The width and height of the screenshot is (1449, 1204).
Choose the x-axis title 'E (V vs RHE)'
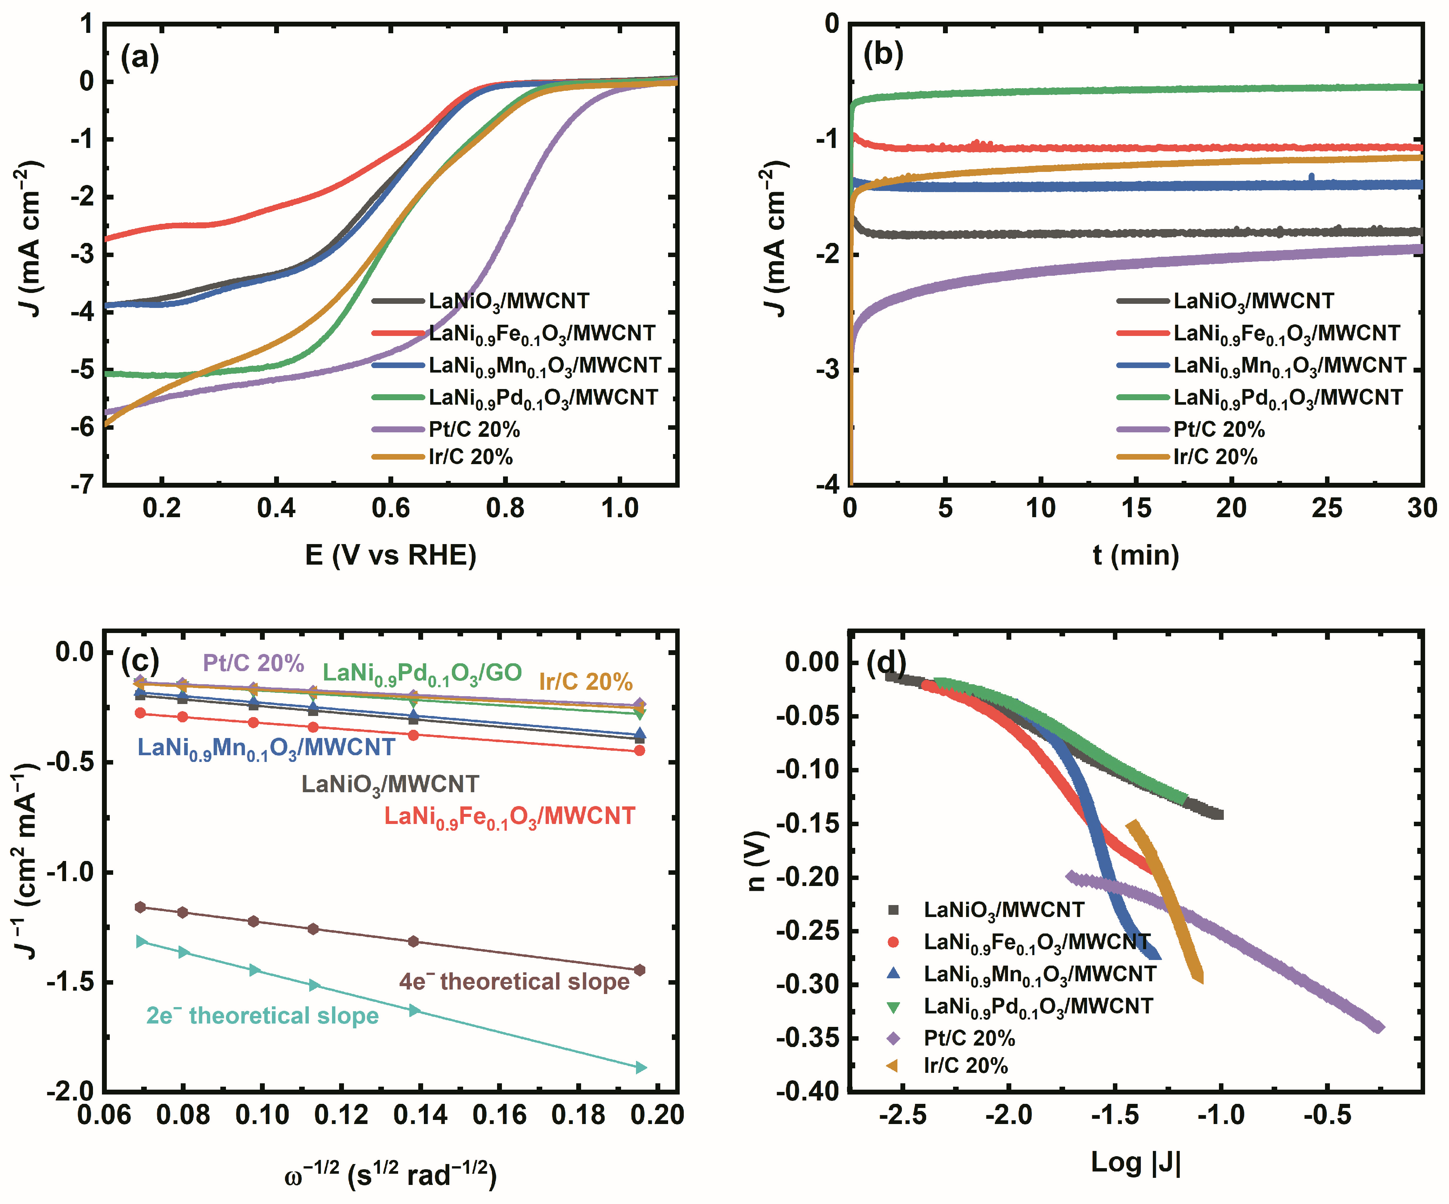(x=391, y=555)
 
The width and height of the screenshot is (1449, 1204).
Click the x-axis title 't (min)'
(x=1136, y=555)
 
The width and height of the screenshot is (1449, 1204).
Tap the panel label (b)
(x=883, y=55)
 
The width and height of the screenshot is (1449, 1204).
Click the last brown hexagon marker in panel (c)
(x=640, y=970)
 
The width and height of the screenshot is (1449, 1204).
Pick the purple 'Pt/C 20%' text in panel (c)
(x=253, y=663)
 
